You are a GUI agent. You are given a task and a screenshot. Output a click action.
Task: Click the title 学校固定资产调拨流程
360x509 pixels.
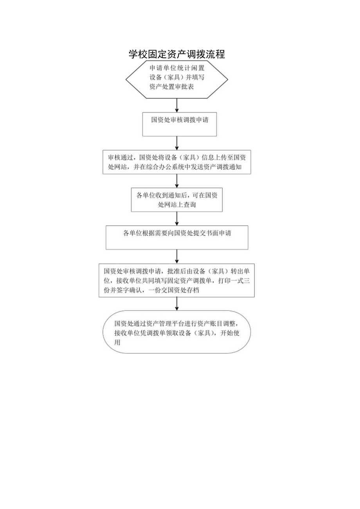tap(176, 54)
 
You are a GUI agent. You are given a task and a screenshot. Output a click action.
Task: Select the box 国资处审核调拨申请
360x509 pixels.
tap(179, 124)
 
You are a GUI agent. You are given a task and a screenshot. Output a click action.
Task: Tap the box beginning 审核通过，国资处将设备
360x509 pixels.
tap(179, 162)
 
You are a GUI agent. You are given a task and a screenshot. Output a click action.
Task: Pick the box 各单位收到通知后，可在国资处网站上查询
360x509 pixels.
tap(177, 200)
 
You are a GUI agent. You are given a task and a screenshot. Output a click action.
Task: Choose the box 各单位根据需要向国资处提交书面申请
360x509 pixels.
tap(177, 237)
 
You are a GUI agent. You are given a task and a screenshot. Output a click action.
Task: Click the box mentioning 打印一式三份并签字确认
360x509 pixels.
tap(176, 281)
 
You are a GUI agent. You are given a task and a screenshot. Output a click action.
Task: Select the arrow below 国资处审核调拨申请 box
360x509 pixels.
tap(177, 143)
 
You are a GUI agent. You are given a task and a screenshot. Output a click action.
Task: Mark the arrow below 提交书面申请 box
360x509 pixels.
tap(177, 256)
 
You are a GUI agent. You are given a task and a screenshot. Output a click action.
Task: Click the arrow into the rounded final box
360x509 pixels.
tap(177, 304)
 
